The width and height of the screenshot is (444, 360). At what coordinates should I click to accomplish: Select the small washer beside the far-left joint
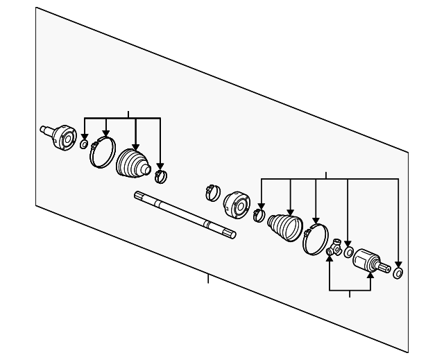click(x=84, y=144)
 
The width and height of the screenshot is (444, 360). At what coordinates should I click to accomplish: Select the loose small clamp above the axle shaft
click(x=214, y=190)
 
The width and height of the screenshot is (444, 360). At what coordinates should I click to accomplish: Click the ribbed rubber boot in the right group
click(x=285, y=227)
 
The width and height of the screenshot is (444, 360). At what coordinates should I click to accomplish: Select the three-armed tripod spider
click(x=334, y=248)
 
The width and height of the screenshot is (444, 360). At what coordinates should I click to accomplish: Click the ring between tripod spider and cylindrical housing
click(x=348, y=251)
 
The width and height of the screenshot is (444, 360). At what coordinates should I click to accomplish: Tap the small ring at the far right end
click(x=398, y=272)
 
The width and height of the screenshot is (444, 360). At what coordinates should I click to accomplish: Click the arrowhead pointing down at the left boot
click(x=135, y=144)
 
